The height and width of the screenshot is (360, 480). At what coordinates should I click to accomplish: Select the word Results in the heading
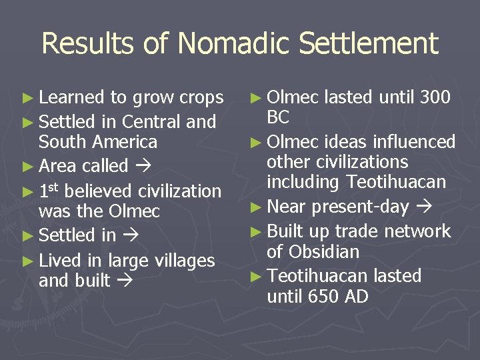point(89,44)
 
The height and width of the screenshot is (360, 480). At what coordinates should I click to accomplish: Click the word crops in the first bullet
point(201,99)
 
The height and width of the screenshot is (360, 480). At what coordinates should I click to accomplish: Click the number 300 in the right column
point(435,97)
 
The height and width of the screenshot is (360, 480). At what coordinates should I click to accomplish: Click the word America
point(125,142)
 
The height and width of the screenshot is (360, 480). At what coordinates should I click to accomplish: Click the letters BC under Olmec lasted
point(278,118)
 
